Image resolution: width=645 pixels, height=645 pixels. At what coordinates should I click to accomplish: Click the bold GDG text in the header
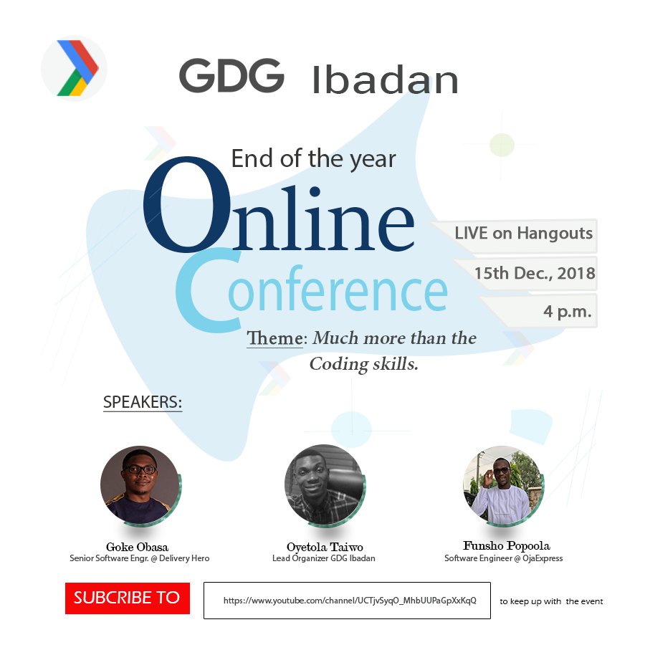[x=231, y=75]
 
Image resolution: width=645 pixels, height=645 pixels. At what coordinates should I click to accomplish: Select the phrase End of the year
[x=313, y=158]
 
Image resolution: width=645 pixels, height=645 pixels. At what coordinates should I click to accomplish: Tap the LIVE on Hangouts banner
[x=522, y=233]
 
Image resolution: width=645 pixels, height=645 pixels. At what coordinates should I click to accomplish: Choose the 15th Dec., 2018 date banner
[x=534, y=273]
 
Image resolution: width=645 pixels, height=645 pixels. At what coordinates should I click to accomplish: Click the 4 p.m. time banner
[x=566, y=312]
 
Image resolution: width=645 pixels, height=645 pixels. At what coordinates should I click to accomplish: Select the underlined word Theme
[x=274, y=338]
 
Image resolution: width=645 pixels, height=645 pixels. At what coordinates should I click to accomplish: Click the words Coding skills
[x=363, y=364]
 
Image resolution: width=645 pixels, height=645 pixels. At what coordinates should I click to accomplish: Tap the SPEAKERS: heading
[x=143, y=402]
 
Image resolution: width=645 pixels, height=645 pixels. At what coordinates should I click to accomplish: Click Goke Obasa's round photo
[x=139, y=484]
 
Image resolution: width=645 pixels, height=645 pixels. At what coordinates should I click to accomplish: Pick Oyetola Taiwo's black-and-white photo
[x=323, y=484]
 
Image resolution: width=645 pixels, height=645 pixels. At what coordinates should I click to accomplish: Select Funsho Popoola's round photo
[x=502, y=484]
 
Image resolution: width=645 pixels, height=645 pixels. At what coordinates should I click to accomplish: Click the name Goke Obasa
[x=137, y=547]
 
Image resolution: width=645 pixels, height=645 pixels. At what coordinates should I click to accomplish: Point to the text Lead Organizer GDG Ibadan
[x=323, y=558]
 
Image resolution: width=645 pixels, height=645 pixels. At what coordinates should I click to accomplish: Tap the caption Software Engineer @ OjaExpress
[x=503, y=558]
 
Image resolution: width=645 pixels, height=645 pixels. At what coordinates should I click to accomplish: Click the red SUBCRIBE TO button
[x=127, y=598]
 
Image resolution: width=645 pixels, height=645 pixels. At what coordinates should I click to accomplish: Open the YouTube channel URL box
[x=347, y=601]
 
